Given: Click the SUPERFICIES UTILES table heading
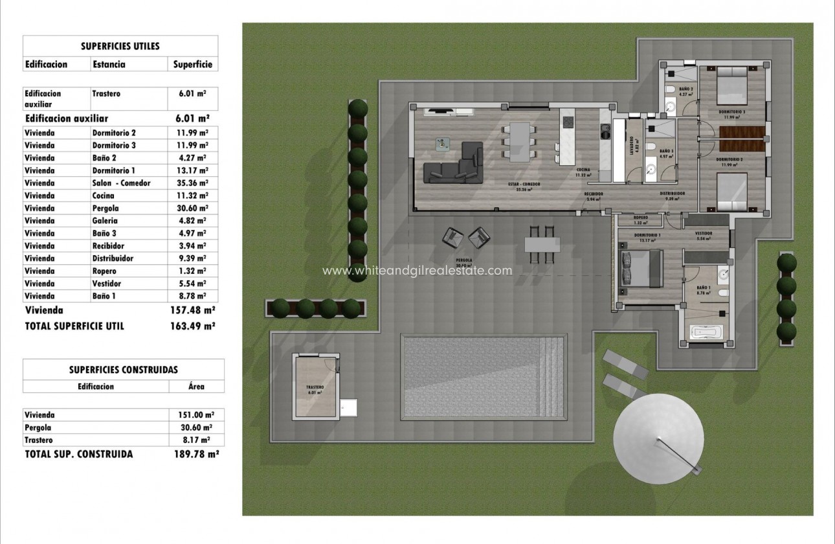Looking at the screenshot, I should pos(120,46).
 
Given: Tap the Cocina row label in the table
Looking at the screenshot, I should pos(104,196).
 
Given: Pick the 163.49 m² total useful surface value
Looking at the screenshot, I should pos(190,326).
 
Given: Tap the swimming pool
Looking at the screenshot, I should pos(484,377).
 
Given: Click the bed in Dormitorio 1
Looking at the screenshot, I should pos(637,266).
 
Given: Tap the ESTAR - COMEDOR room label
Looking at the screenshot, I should pos(524,185).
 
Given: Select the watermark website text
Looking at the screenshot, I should pos(417,271).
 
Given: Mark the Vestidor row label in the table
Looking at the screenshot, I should pos(107,284).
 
